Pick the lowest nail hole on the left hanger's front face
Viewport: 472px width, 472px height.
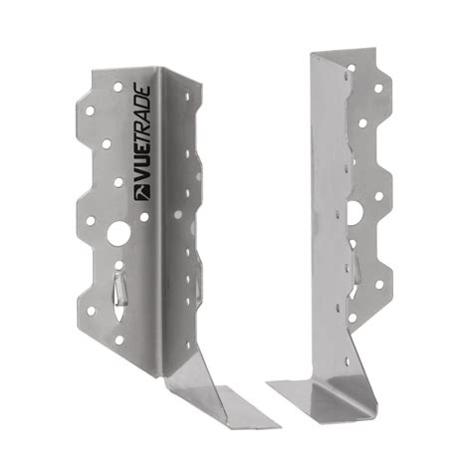(120, 340)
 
